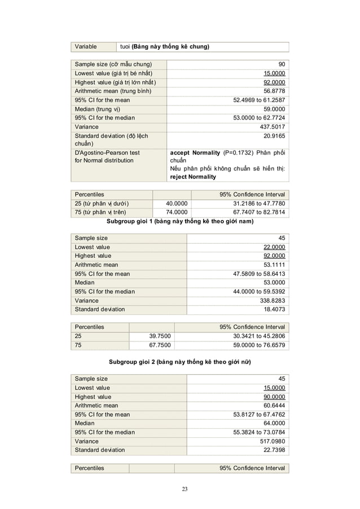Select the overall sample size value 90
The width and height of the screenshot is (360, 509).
click(x=281, y=64)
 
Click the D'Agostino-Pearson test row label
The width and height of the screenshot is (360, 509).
click(x=107, y=152)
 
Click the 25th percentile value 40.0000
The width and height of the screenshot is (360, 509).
click(x=177, y=203)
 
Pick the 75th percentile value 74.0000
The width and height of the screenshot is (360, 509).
click(x=177, y=212)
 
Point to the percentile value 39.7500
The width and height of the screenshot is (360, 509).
click(x=159, y=336)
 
